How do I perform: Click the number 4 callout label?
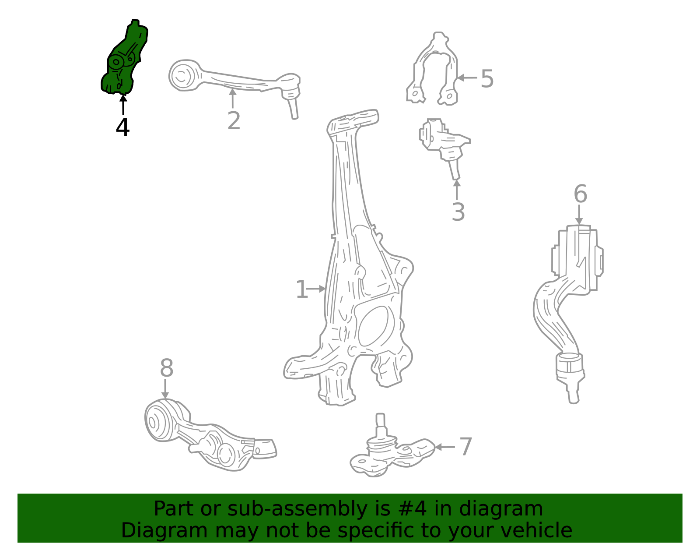122,127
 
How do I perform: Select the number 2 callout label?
234,121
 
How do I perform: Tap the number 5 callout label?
487,79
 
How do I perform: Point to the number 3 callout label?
458,212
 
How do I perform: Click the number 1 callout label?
301,289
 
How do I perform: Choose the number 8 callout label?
166,368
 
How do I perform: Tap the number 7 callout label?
466,447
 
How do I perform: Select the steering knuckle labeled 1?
350,263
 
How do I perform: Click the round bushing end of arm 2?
182,76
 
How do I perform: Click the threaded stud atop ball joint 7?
380,421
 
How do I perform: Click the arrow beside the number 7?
444,447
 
